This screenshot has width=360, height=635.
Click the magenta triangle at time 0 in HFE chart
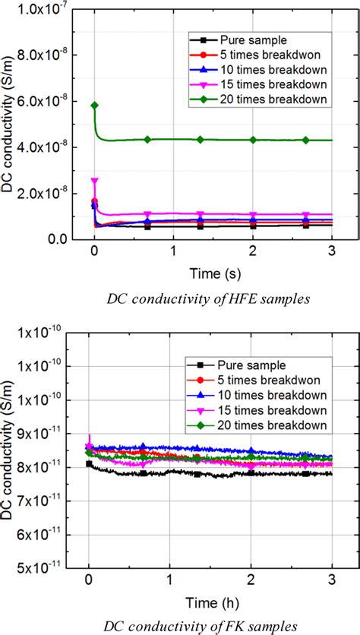pyautogui.click(x=94, y=181)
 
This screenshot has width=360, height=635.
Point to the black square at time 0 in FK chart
pyautogui.click(x=89, y=463)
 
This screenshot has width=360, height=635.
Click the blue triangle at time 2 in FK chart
pyautogui.click(x=251, y=450)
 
